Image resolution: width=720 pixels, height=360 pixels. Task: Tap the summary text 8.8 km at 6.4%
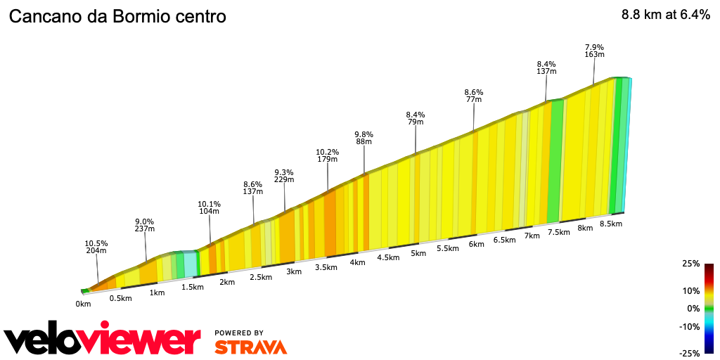click(665, 16)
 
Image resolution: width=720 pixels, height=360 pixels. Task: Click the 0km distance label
click(84, 304)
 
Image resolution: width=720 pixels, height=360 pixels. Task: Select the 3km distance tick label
click(294, 271)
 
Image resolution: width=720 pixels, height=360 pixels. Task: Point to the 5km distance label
click(419, 253)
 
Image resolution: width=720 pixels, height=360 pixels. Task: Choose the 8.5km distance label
click(610, 224)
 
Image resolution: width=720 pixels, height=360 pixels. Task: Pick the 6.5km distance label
click(504, 240)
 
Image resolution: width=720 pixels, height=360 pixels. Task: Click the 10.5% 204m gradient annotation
click(96, 247)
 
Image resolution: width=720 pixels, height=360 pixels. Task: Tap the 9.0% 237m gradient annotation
click(145, 224)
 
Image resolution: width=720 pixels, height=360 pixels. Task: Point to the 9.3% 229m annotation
click(284, 176)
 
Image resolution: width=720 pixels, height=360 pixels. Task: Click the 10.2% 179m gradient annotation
click(328, 155)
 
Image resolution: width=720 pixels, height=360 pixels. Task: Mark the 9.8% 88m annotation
click(364, 138)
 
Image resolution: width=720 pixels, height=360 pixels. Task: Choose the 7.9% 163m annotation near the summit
click(595, 51)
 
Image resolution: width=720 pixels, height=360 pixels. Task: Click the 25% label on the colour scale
click(691, 264)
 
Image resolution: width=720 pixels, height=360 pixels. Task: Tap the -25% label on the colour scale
click(690, 353)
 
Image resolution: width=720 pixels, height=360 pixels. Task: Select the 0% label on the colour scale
click(693, 308)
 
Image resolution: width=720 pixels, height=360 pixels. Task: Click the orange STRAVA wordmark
click(250, 347)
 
